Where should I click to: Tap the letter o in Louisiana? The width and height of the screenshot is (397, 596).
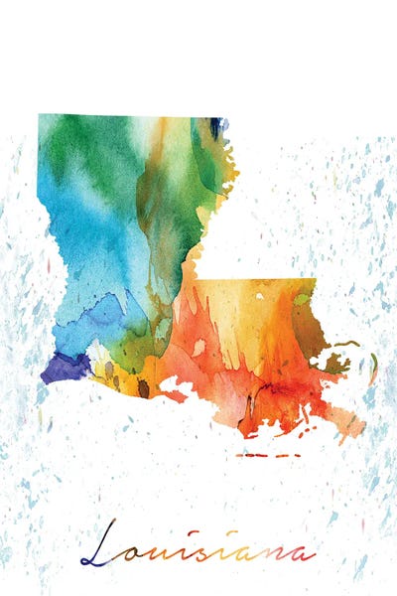(x=136, y=553)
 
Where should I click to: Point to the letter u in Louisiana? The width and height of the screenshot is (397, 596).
(x=159, y=553)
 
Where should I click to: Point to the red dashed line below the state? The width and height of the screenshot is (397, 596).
(x=268, y=456)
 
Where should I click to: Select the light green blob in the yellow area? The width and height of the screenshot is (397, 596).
(x=301, y=298)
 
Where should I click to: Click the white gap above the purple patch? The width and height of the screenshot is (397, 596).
(x=68, y=345)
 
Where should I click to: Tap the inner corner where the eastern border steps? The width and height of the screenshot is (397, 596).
(x=195, y=277)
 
